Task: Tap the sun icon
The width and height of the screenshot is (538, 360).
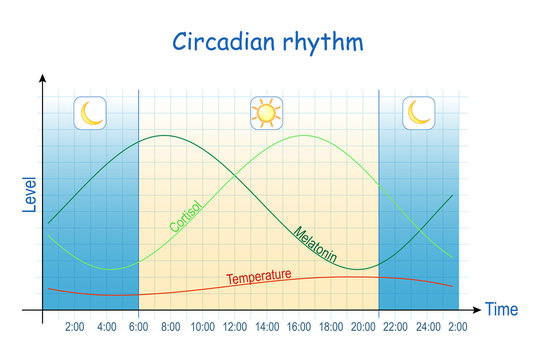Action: [265, 113]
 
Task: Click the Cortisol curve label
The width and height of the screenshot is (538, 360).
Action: [185, 215]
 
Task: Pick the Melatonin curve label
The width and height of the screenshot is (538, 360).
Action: [315, 245]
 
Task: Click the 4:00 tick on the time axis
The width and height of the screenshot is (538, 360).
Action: [107, 327]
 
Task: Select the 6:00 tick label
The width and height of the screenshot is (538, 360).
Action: [139, 327]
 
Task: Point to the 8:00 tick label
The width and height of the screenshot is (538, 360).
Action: [170, 327]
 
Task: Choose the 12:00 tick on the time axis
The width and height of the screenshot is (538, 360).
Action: [234, 327]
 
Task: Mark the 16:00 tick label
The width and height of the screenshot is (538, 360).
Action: [298, 327]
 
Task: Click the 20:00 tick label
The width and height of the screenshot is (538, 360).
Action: [362, 327]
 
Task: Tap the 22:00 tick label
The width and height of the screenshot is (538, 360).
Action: [394, 327]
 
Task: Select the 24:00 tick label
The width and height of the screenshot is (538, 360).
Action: [427, 327]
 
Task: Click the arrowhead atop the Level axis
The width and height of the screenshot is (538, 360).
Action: [43, 78]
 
